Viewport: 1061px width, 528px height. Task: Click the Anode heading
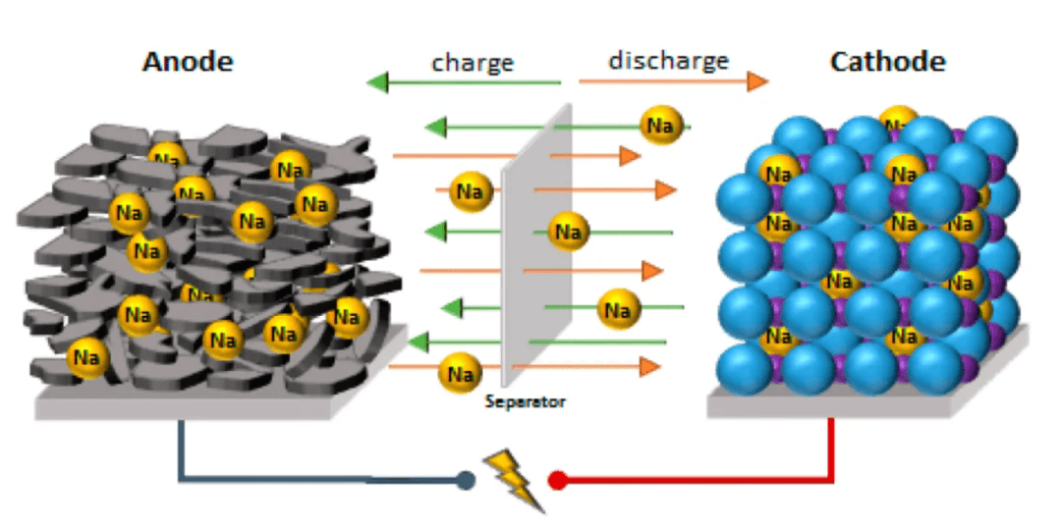(188, 62)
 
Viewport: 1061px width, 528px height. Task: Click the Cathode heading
(887, 62)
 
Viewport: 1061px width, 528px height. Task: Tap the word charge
(473, 63)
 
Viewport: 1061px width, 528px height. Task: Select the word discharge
(668, 61)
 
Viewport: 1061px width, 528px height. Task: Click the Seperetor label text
(525, 401)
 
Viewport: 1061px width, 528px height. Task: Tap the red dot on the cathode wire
(557, 480)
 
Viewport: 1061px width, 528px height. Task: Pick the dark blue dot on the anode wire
(466, 481)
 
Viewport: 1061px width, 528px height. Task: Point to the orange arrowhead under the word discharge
(756, 81)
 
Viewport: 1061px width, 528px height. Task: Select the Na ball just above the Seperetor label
(460, 373)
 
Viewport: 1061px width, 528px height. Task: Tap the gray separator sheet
(531, 255)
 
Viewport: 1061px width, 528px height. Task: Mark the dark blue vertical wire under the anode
(181, 447)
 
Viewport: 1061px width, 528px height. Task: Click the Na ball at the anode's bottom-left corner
(86, 356)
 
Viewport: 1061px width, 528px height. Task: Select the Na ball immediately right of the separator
(568, 233)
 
